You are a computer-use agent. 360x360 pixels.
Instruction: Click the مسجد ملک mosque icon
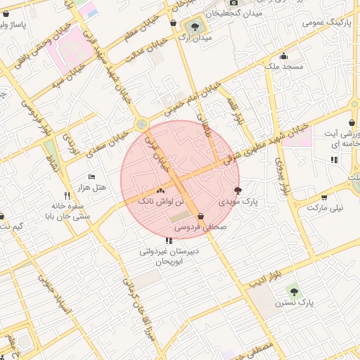point(283,57)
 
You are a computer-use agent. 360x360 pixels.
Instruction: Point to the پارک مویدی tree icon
point(237,191)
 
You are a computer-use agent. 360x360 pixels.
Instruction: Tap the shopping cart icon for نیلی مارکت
point(323,198)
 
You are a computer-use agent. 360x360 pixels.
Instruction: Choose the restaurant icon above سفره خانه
point(67,195)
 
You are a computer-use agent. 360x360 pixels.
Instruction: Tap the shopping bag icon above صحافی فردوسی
point(202,217)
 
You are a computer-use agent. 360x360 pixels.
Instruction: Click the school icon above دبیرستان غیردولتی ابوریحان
point(168,240)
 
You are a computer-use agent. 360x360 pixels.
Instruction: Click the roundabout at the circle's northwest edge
point(143,124)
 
